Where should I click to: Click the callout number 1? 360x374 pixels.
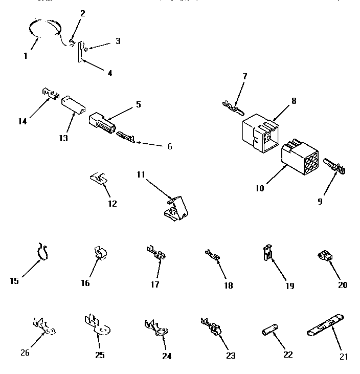(x=26, y=56)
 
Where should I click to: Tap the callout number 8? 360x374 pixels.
(x=294, y=101)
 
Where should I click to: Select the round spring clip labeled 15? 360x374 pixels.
(x=44, y=251)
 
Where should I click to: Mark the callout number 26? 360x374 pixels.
(x=25, y=352)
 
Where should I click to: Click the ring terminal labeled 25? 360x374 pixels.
(x=98, y=327)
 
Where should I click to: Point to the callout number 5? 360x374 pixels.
(x=138, y=104)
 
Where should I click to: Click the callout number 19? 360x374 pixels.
(x=289, y=285)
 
